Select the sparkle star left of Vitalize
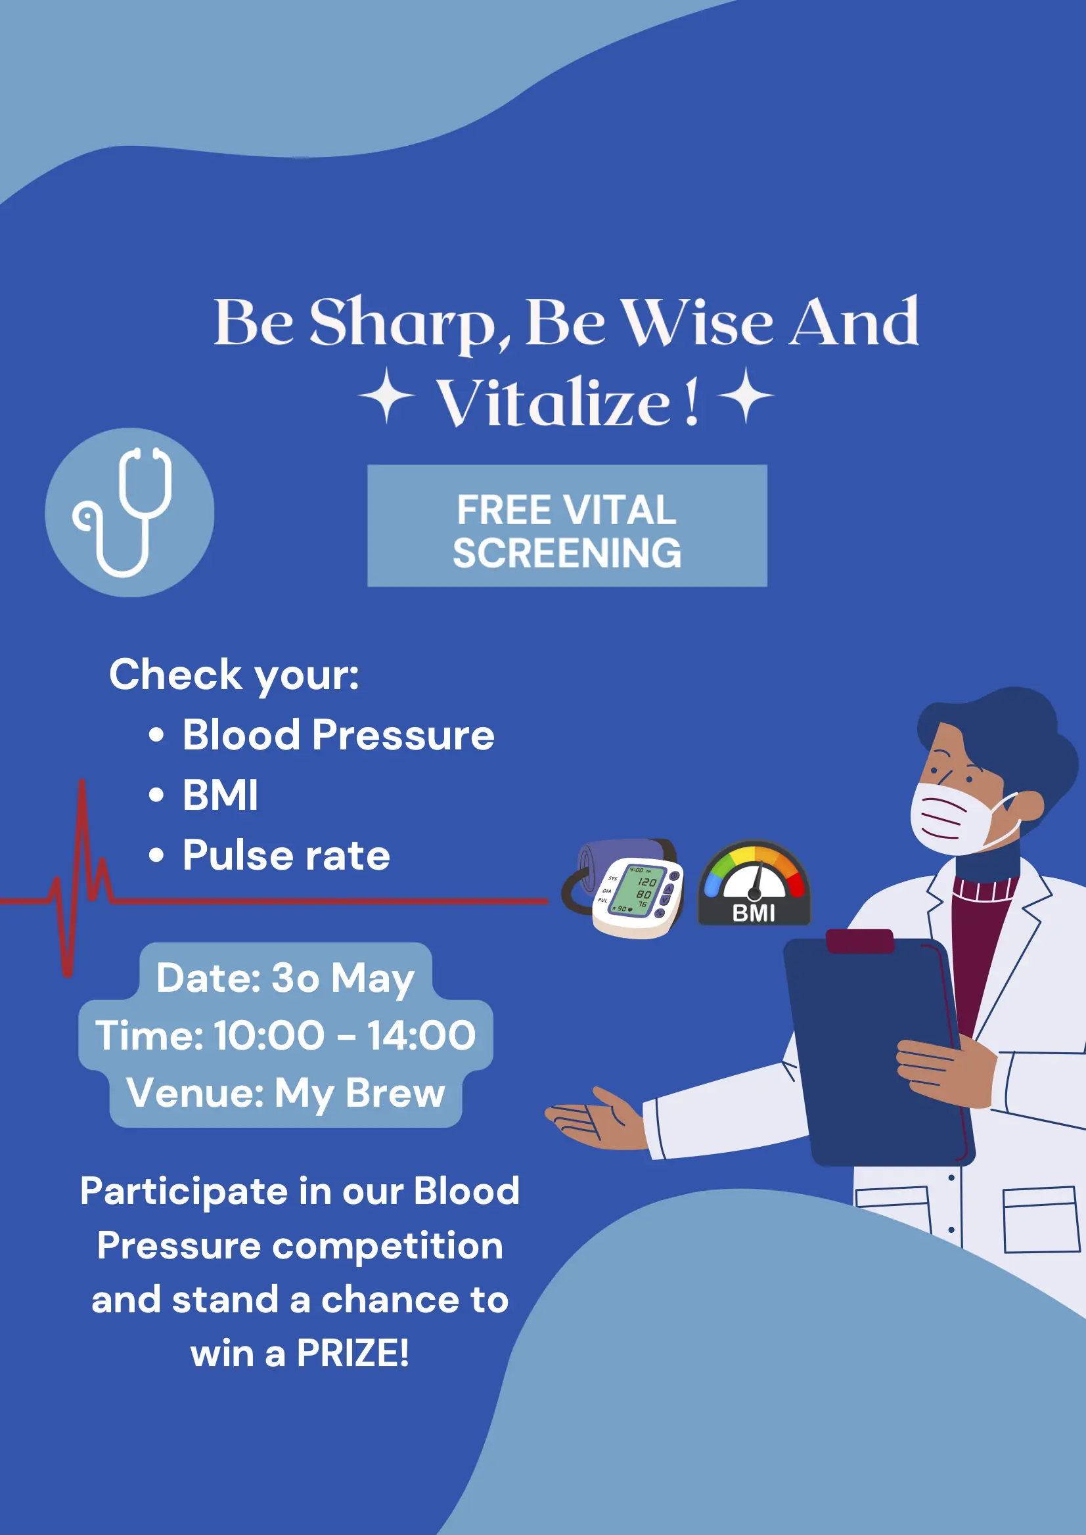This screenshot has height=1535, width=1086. (386, 396)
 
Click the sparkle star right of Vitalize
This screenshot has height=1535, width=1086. (746, 396)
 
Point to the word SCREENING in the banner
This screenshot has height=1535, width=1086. (567, 553)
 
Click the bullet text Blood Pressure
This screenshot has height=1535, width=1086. (338, 736)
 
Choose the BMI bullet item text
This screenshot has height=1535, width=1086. (220, 795)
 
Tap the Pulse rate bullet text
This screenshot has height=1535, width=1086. (286, 856)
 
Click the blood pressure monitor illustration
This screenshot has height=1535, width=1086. (624, 889)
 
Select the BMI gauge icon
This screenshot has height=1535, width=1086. (754, 883)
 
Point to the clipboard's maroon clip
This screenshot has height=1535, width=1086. (860, 941)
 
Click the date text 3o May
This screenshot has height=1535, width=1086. (342, 979)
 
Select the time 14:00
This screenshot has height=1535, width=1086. (421, 1036)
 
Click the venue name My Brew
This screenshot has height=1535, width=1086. (360, 1094)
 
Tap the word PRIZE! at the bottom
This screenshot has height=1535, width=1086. (352, 1353)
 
